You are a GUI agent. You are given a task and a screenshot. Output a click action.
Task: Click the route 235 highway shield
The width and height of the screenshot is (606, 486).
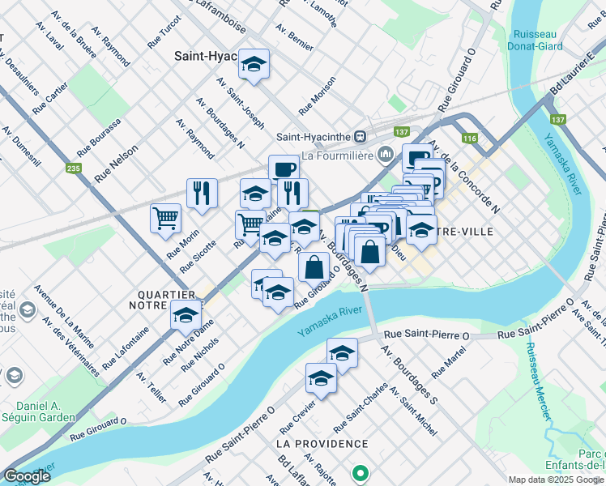pyautogui.click(x=74, y=168)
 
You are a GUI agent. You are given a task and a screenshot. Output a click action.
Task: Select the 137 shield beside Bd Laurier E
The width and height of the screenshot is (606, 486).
pyautogui.click(x=557, y=119)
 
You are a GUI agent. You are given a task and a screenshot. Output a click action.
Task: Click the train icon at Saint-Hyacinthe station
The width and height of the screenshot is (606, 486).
pyautogui.click(x=361, y=136)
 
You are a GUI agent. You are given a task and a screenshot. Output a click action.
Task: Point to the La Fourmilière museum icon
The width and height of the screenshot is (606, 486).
pyautogui.click(x=386, y=152)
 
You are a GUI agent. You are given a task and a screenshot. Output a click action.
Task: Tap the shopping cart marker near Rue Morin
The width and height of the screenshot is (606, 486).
pyautogui.click(x=165, y=218)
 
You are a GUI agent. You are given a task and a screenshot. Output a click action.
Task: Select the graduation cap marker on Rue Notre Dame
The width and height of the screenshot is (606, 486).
pyautogui.click(x=186, y=315)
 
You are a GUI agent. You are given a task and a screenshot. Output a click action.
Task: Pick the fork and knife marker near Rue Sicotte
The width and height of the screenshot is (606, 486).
pyautogui.click(x=202, y=193)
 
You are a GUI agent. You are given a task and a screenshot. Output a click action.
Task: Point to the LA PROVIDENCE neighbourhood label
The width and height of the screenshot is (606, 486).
pyautogui.click(x=322, y=445)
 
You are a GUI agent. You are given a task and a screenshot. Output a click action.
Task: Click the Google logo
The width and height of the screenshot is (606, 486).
pyautogui.click(x=27, y=476)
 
